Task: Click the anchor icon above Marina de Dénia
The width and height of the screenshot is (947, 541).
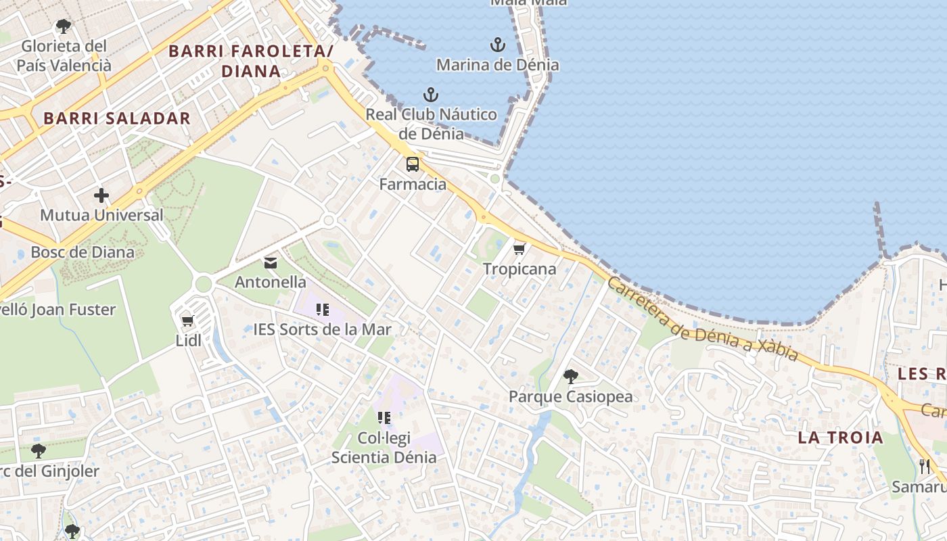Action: coord(497,45)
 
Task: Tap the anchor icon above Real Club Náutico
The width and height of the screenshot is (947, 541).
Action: coord(430,95)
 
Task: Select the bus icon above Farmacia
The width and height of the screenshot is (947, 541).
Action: coord(412,164)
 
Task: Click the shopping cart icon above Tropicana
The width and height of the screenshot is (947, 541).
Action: coord(519,249)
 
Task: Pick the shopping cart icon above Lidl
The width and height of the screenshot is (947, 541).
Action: coord(187,321)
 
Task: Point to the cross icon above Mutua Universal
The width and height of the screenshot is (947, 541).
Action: coord(101,195)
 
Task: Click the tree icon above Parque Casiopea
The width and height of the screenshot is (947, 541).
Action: coord(570,377)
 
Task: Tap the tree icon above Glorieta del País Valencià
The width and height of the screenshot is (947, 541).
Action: coord(63,26)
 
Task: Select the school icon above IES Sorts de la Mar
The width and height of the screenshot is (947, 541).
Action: coord(323,310)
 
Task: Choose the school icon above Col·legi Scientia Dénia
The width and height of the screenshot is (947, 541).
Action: coord(384,418)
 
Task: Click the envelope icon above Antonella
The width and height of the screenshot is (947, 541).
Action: coord(271,262)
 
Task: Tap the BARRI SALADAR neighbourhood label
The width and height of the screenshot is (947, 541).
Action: coord(117,118)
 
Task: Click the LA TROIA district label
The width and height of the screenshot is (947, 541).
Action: coord(840,437)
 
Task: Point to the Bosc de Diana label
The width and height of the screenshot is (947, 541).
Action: coord(83,252)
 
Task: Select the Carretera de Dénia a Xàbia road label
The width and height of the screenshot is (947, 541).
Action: coord(702,319)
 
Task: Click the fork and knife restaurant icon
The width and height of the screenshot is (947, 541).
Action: coord(925,466)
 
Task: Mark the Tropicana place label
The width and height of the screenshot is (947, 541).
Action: coord(519,268)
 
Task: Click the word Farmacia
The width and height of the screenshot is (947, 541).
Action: coord(413,184)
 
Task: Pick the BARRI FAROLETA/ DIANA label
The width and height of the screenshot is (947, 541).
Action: coord(251,61)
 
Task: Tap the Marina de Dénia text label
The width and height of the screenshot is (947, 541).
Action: coord(497,65)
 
